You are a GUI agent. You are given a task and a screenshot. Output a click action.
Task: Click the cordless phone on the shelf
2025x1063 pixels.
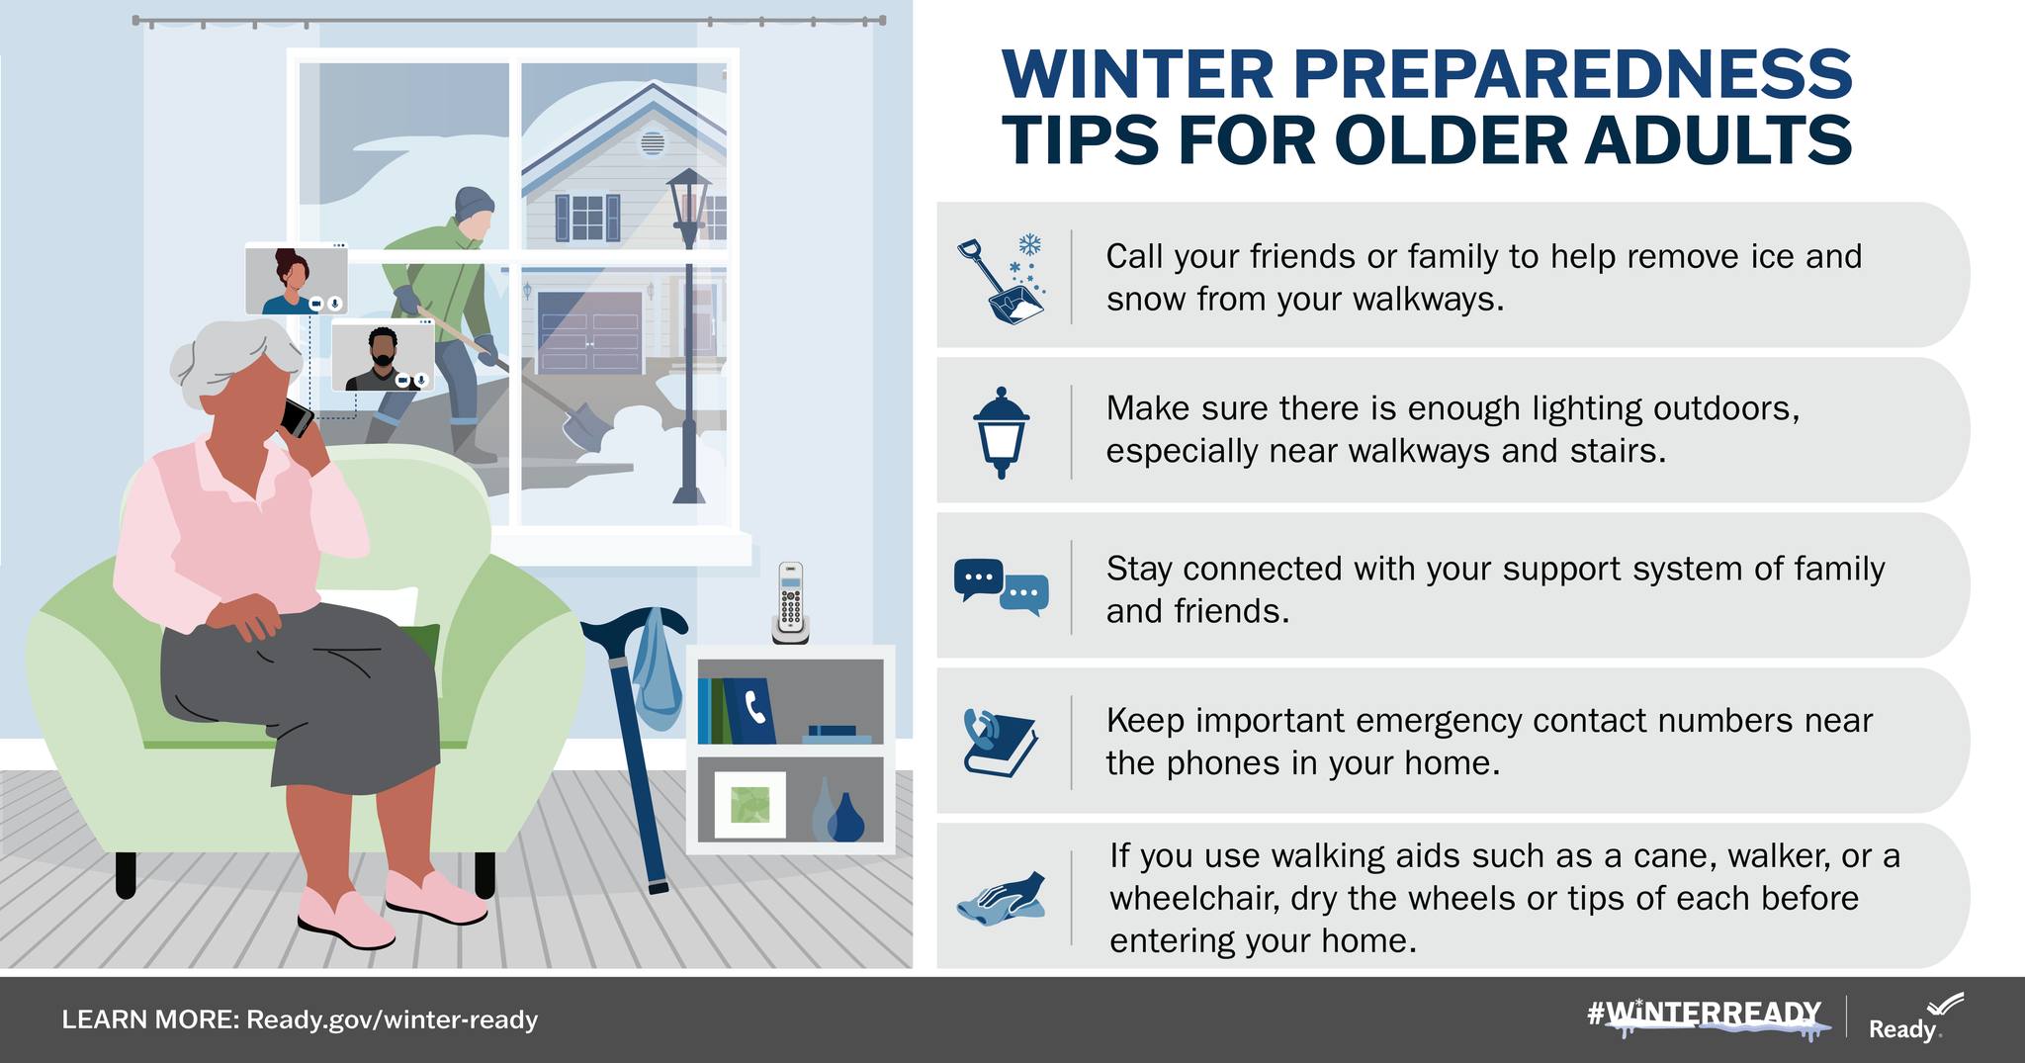click(790, 603)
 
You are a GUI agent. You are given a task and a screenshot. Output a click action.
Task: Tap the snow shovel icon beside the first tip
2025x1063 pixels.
click(1002, 279)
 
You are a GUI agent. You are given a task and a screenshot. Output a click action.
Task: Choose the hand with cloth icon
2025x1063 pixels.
click(1002, 898)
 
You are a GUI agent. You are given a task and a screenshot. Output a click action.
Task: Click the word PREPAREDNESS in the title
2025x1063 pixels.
click(1571, 74)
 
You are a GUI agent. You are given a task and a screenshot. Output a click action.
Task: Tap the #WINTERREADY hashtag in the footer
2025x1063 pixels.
click(1704, 1015)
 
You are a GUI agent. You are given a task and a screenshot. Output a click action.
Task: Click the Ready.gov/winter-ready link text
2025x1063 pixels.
click(392, 1019)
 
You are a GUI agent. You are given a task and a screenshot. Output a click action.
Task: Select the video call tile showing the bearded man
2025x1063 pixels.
click(383, 355)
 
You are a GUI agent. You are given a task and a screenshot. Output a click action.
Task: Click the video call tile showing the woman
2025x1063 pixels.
click(297, 280)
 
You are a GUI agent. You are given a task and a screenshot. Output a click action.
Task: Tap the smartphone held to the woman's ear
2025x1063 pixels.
click(296, 417)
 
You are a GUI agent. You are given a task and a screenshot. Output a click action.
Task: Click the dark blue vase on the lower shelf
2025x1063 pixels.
click(845, 817)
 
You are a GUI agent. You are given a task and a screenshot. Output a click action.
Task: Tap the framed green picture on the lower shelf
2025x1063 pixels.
click(749, 804)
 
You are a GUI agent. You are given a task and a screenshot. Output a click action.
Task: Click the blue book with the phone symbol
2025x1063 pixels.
click(750, 710)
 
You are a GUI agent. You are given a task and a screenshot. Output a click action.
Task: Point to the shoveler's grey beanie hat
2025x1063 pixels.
click(474, 205)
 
